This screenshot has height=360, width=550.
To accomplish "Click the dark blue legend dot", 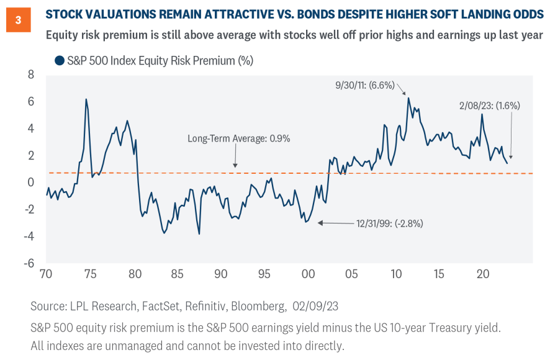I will pos(60,61).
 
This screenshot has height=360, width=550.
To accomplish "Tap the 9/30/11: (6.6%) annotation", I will pos(364,86).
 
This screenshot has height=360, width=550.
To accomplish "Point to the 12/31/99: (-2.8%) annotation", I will pos(389,223).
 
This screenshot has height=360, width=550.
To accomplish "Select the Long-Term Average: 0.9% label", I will pos(239,138).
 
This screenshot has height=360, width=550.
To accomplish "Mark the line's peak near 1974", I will pos(86,99).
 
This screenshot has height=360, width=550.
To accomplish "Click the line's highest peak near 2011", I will pos(408,97).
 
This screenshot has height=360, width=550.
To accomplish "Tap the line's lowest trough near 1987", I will pos(199,233).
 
